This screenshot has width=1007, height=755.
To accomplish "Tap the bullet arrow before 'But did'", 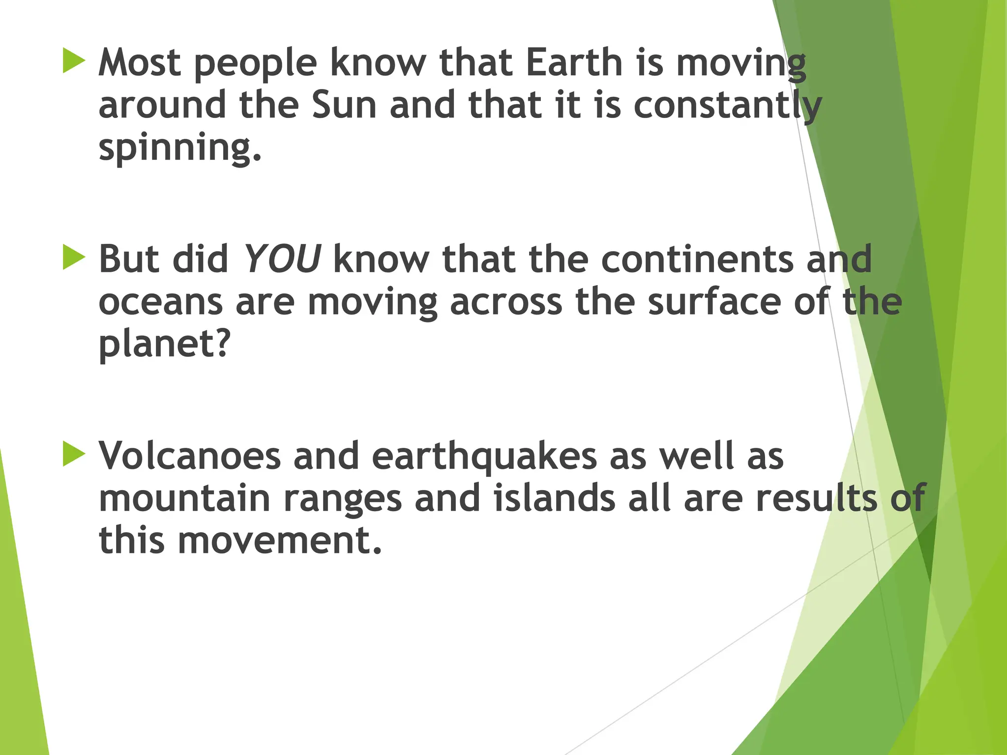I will pyautogui.click(x=74, y=258).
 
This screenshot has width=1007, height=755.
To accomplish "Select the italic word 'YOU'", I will pyautogui.click(x=282, y=259).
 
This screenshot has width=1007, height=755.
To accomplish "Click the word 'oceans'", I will pyautogui.click(x=160, y=303).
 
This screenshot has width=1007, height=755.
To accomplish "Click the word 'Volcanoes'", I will pyautogui.click(x=190, y=456).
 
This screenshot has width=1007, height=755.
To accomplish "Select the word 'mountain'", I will pyautogui.click(x=185, y=498).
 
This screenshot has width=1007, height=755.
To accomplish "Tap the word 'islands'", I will pyautogui.click(x=554, y=498).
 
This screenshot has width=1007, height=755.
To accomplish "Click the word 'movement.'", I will pyautogui.click(x=280, y=540).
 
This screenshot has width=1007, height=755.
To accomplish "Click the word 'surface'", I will pyautogui.click(x=714, y=302).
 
